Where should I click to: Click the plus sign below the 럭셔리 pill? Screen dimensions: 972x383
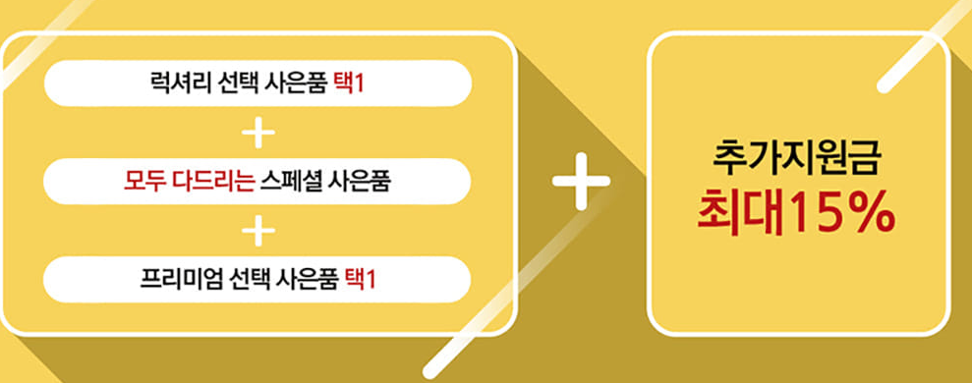click(x=257, y=132)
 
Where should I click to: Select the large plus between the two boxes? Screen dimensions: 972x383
click(x=581, y=182)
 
